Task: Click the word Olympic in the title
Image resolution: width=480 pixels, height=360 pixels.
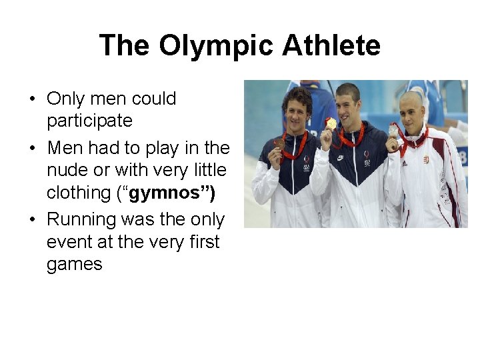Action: click(216, 46)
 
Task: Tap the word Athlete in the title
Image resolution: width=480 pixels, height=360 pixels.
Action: click(331, 46)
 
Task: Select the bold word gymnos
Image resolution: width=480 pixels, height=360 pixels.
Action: click(171, 193)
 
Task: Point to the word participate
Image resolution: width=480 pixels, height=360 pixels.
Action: click(89, 121)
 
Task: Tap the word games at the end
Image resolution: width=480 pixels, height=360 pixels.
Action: click(74, 264)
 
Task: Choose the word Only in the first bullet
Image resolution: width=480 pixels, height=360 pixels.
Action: click(65, 99)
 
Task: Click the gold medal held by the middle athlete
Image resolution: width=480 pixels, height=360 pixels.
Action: click(331, 123)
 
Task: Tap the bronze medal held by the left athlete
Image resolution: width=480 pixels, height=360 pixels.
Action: click(279, 142)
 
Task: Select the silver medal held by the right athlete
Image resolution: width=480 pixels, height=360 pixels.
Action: click(393, 131)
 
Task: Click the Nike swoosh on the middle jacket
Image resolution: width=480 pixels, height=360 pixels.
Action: click(341, 158)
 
